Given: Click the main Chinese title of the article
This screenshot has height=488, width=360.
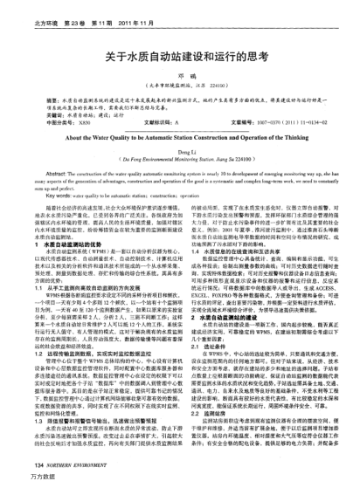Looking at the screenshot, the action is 180,56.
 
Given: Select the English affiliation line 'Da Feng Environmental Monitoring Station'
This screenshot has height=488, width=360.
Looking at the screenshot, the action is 180,160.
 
